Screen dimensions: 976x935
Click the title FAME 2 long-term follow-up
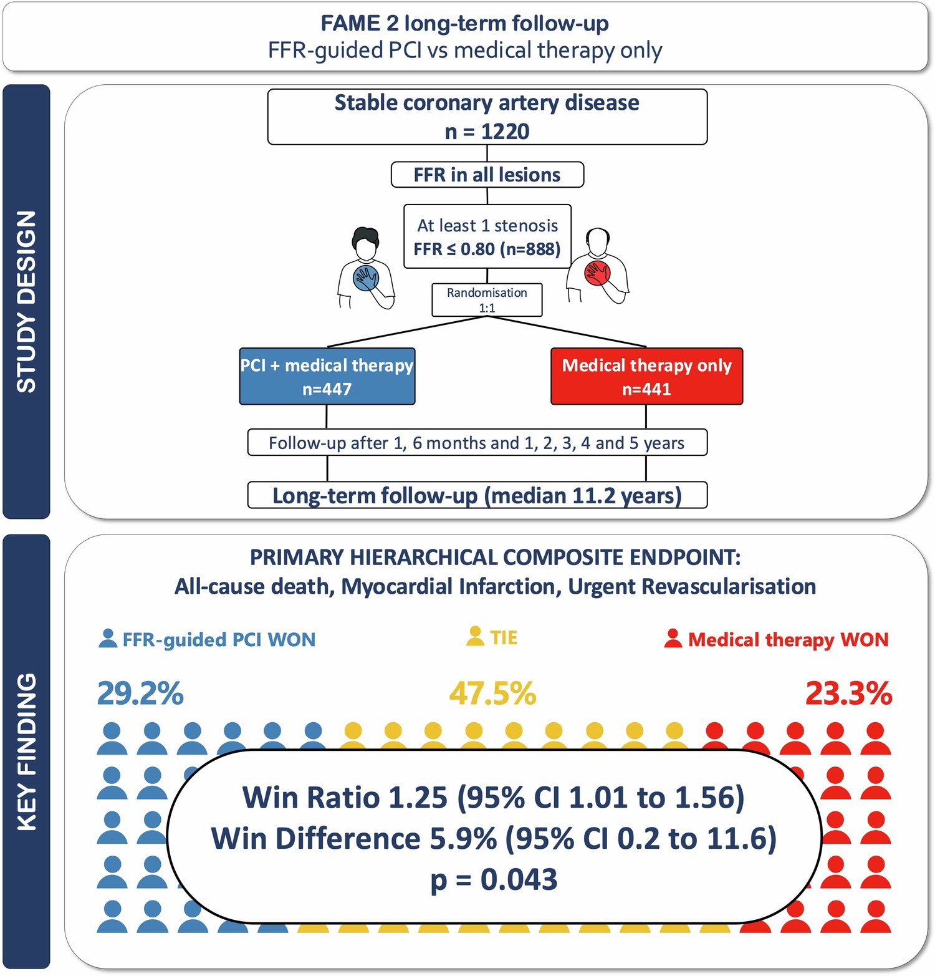tap(464, 24)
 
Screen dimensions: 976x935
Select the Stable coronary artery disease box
tap(487, 117)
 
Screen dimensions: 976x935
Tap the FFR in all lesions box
tap(487, 175)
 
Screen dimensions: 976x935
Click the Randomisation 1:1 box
tap(487, 300)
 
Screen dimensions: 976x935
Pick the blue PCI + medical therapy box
tap(327, 377)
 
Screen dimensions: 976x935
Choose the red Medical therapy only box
tap(646, 377)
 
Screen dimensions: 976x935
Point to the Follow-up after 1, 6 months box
tap(477, 443)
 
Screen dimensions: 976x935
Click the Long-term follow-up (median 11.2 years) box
tap(477, 496)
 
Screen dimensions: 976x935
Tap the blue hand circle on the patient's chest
tap(366, 277)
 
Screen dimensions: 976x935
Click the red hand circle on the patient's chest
tap(597, 273)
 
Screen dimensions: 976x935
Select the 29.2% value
tap(140, 693)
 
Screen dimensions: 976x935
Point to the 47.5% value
tap(492, 693)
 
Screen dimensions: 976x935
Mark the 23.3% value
tap(848, 693)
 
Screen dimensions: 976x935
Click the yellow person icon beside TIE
tap(475, 636)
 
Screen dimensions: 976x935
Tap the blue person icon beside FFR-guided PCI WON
tap(108, 638)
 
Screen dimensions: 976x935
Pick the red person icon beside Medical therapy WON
tap(673, 638)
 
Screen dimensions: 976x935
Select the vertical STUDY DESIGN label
tap(26, 302)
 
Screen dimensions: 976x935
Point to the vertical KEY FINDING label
tap(26, 751)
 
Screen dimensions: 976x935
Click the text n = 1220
tap(487, 132)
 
